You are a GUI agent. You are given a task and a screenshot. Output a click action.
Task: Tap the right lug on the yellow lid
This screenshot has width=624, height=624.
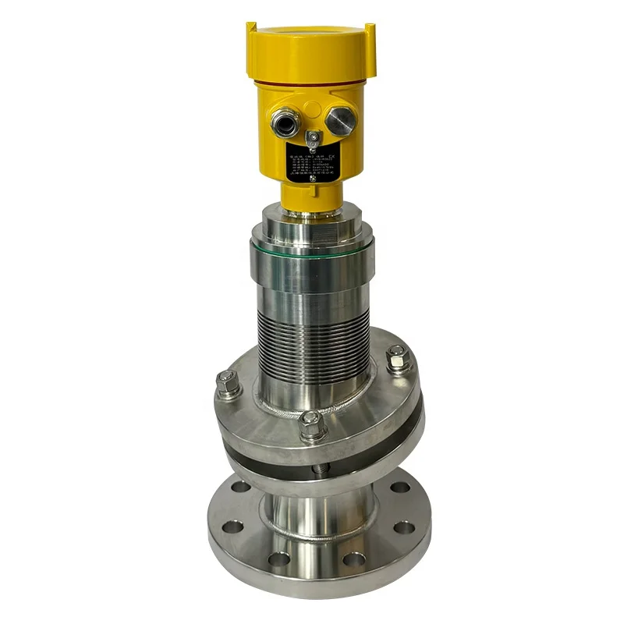370,35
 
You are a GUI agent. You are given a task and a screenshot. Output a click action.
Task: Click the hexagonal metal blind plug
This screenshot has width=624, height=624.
339,121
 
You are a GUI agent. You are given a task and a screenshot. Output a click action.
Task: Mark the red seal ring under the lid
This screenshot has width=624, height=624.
310,80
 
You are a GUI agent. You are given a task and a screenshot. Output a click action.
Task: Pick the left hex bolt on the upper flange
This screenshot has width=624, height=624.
227,383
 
